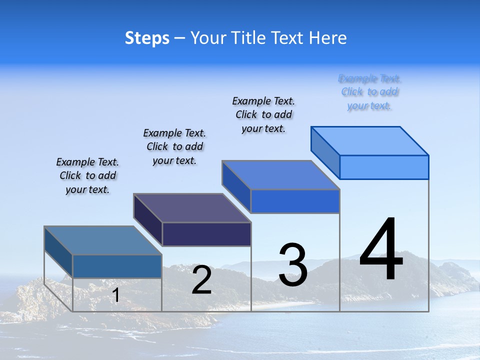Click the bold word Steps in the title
pyautogui.click(x=147, y=38)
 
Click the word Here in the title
pyautogui.click(x=328, y=38)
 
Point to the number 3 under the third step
pyautogui.click(x=293, y=264)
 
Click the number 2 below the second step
pyautogui.click(x=201, y=280)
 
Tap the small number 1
pyautogui.click(x=115, y=295)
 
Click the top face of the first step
pyautogui.click(x=102, y=240)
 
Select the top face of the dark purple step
pyautogui.click(x=192, y=208)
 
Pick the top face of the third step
pyautogui.click(x=280, y=175)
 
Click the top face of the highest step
pyautogui.click(x=370, y=140)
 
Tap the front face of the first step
pyautogui.click(x=117, y=266)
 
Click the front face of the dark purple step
pyautogui.click(x=206, y=234)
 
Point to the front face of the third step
pyautogui.click(x=295, y=201)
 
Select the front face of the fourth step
pyautogui.click(x=384, y=167)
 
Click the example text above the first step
pyautogui.click(x=87, y=175)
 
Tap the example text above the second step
pyautogui.click(x=174, y=146)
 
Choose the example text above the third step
pyautogui.click(x=263, y=114)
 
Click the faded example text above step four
pyautogui.click(x=369, y=92)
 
